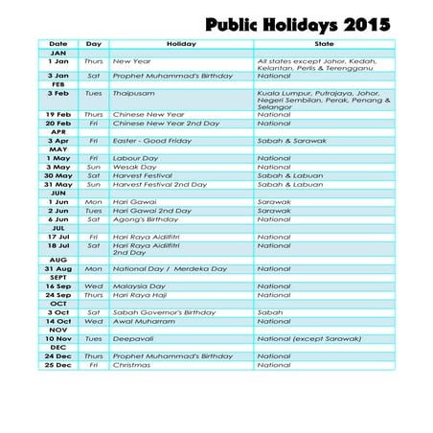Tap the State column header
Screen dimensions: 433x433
point(324,44)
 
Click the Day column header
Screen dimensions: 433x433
point(93,44)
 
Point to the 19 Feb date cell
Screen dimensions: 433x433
point(57,114)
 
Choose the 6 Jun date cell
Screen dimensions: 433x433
point(57,219)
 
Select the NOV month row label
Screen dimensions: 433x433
point(57,330)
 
